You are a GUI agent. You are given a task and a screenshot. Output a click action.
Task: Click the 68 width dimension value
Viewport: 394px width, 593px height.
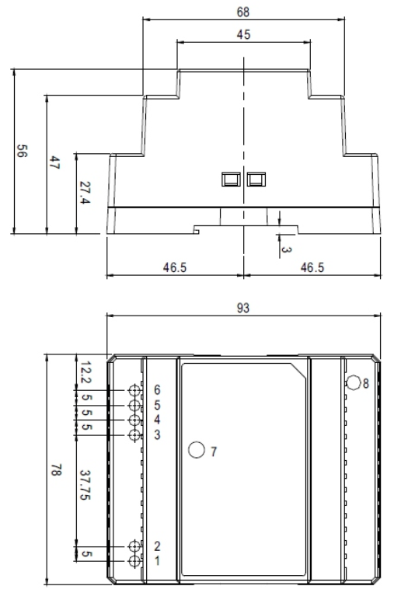click(243, 12)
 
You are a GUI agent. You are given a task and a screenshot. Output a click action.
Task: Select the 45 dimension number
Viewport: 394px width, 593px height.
click(243, 35)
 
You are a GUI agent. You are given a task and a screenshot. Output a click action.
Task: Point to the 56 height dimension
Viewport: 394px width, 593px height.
click(22, 151)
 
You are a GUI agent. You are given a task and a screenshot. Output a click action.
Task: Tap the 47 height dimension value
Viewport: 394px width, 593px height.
click(54, 162)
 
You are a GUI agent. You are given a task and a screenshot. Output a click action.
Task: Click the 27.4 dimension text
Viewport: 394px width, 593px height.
click(85, 193)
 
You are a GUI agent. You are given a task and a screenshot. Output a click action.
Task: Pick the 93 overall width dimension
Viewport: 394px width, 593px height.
click(243, 308)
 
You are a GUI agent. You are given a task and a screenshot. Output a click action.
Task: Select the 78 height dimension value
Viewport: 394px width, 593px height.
click(56, 470)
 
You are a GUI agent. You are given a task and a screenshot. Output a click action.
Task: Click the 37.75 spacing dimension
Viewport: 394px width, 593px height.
click(85, 485)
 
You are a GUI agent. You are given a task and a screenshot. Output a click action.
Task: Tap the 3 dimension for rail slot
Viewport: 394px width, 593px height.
click(286, 249)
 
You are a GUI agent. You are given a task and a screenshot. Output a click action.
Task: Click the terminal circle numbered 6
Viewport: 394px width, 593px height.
click(134, 390)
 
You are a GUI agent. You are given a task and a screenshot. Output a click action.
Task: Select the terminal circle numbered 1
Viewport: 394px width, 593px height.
click(134, 561)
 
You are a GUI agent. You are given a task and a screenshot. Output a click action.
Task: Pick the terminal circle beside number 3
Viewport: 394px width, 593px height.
click(134, 435)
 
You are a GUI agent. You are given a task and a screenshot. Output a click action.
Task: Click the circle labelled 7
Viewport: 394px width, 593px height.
click(197, 450)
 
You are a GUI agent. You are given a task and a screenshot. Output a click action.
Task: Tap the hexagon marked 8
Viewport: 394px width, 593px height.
click(353, 382)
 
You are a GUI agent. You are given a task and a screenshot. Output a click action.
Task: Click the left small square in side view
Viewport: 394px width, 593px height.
click(231, 180)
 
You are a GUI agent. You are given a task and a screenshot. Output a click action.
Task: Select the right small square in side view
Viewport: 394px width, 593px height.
click(256, 180)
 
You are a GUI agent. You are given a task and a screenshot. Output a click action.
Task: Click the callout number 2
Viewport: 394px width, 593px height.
click(157, 546)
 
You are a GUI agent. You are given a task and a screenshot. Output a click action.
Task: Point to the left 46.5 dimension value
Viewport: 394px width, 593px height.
click(175, 268)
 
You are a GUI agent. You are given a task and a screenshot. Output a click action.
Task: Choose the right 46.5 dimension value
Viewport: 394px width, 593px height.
click(312, 268)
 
